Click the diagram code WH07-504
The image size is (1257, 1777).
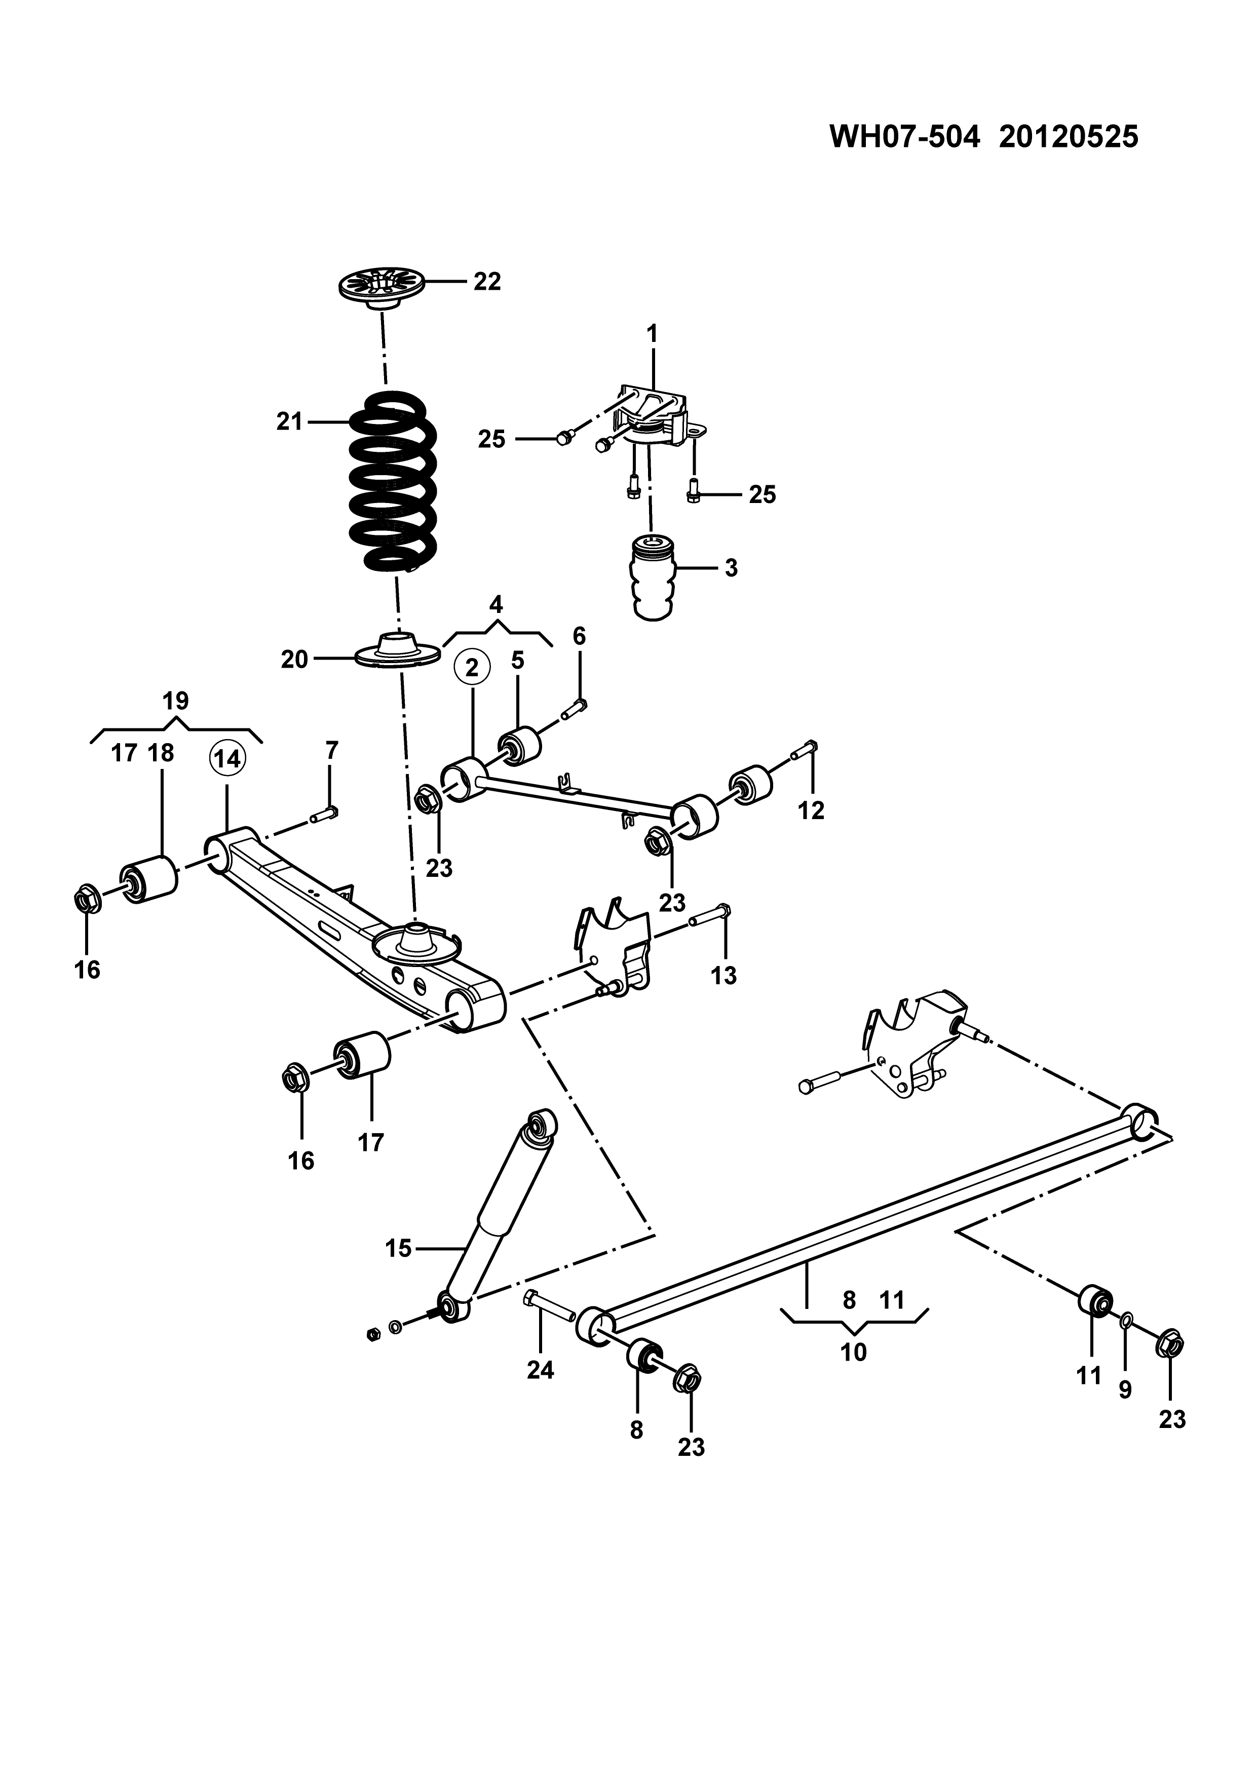click(x=905, y=137)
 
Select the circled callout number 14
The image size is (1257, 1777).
click(x=227, y=759)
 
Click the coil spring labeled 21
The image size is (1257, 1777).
click(x=393, y=481)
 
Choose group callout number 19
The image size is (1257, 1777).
click(x=176, y=701)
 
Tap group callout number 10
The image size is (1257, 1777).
click(x=853, y=1352)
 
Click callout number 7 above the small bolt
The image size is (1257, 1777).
click(x=331, y=750)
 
